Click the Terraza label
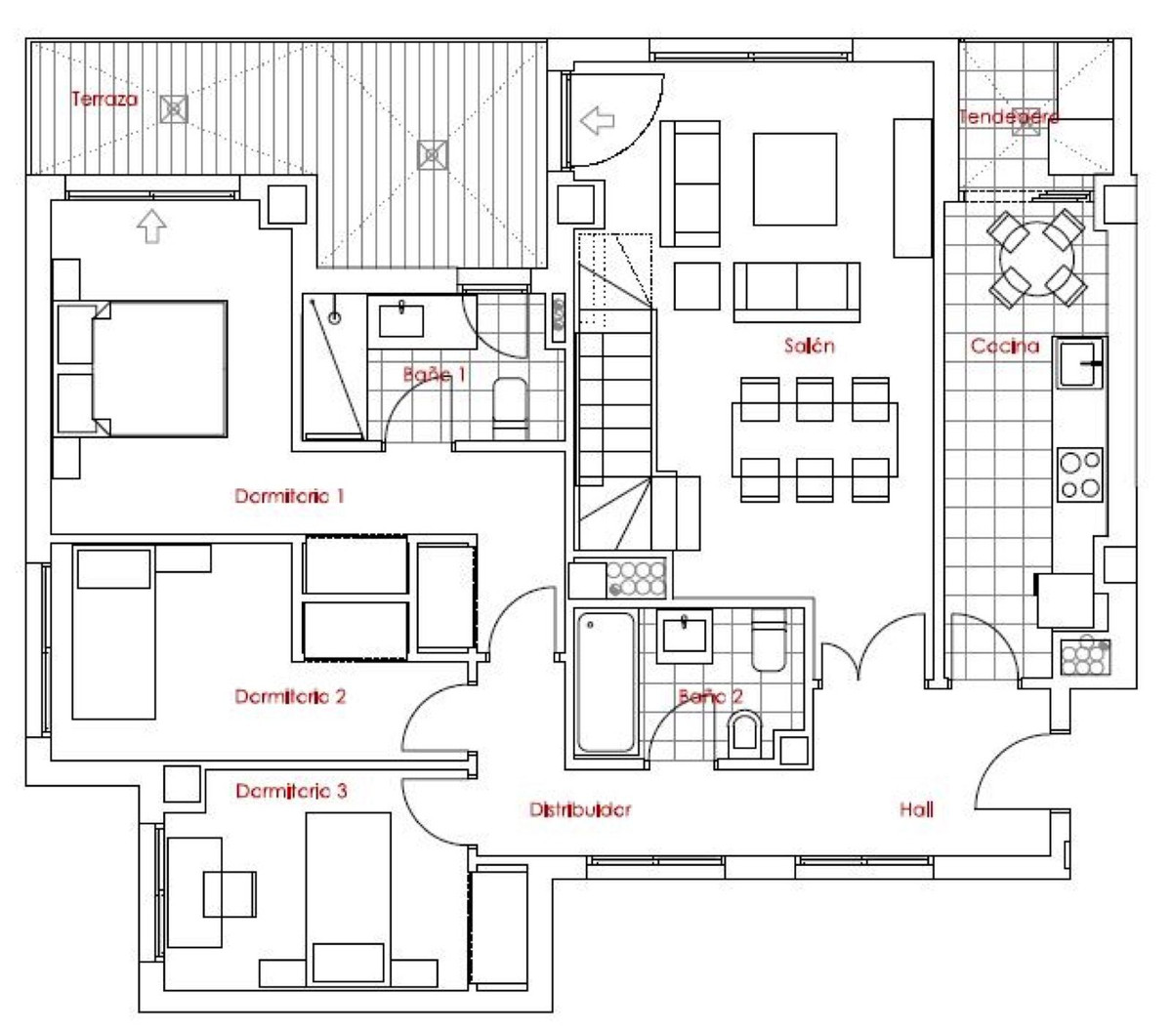click(x=105, y=100)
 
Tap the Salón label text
click(x=810, y=346)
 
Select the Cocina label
click(x=1004, y=346)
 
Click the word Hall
click(x=916, y=809)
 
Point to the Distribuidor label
click(x=580, y=809)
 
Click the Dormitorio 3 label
click(x=291, y=791)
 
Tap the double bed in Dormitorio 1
click(x=158, y=368)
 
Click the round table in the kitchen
click(x=1036, y=260)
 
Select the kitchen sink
click(x=1078, y=363)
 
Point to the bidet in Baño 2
click(x=745, y=731)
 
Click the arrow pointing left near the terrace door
click(x=597, y=121)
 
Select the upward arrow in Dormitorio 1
click(x=150, y=227)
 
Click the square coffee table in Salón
click(x=794, y=180)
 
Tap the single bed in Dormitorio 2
click(x=114, y=635)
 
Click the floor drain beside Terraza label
click(x=174, y=108)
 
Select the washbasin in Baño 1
click(x=400, y=318)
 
